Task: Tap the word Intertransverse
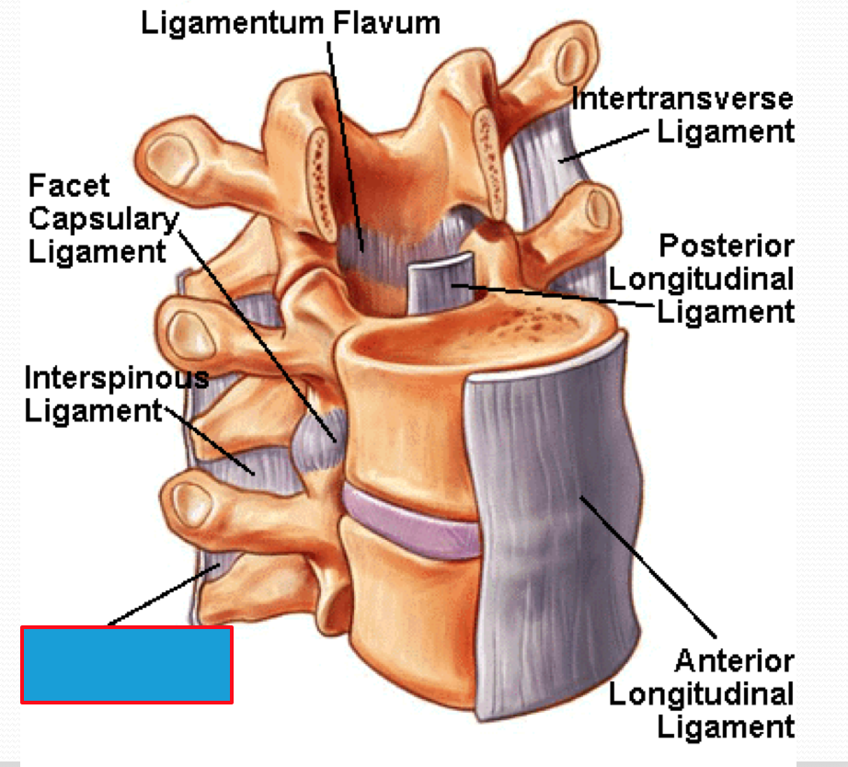pyautogui.click(x=682, y=98)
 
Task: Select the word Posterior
pyautogui.click(x=726, y=246)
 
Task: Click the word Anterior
pyautogui.click(x=735, y=660)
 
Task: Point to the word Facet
pyautogui.click(x=69, y=186)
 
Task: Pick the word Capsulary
pyautogui.click(x=102, y=219)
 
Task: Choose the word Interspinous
pyautogui.click(x=116, y=377)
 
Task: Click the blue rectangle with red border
pyautogui.click(x=126, y=664)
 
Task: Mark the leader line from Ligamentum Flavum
pyautogui.click(x=344, y=138)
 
